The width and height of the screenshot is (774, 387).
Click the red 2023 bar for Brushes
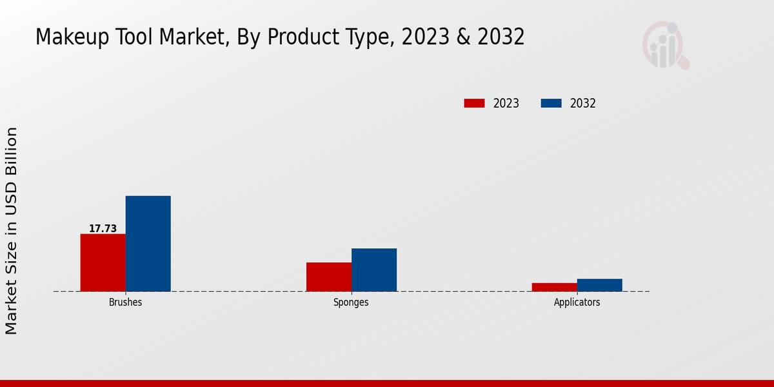(x=103, y=263)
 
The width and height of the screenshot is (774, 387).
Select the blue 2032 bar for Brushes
(x=148, y=244)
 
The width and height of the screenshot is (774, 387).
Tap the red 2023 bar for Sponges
(x=328, y=277)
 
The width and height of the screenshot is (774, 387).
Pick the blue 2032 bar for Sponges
(x=373, y=270)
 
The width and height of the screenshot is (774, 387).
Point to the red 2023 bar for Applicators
(x=554, y=287)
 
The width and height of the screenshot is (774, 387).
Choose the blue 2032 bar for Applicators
(x=599, y=285)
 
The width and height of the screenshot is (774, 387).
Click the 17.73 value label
(x=103, y=228)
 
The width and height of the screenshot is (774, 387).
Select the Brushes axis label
(x=125, y=303)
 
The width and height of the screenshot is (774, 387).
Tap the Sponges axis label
(x=351, y=303)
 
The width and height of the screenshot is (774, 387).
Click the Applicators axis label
(x=577, y=303)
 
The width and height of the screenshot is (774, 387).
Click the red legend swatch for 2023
(x=474, y=103)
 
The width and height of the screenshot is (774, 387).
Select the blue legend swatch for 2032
(x=551, y=103)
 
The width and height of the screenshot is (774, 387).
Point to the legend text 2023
(x=506, y=103)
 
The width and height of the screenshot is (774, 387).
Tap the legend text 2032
(x=583, y=103)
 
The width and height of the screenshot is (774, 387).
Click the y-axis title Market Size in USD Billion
(x=12, y=231)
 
